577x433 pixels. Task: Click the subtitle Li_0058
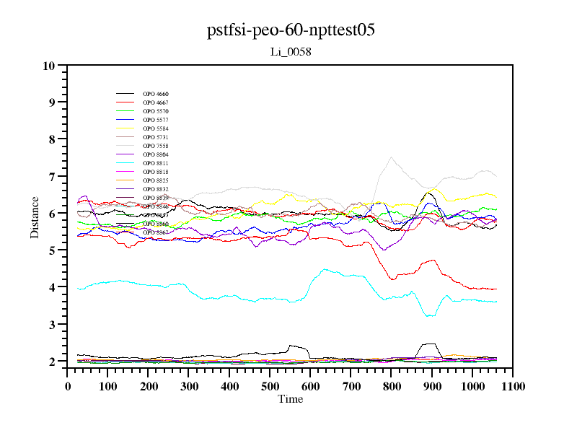(290, 52)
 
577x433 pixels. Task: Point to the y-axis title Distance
(35, 216)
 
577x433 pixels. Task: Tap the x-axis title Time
(291, 399)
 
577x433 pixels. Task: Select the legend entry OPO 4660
(155, 95)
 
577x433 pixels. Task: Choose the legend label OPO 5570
(155, 112)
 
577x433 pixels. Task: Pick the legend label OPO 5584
(155, 128)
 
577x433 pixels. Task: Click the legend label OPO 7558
(155, 146)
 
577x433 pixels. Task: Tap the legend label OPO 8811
(155, 163)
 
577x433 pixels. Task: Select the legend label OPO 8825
(155, 180)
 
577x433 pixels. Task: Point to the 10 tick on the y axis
(49, 66)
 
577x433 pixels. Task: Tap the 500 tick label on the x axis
(270, 386)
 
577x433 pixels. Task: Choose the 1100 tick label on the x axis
(513, 386)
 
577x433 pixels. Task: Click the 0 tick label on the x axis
(68, 386)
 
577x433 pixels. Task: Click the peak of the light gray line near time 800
(391, 157)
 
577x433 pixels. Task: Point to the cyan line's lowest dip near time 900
(430, 316)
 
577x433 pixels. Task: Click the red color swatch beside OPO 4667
(125, 103)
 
